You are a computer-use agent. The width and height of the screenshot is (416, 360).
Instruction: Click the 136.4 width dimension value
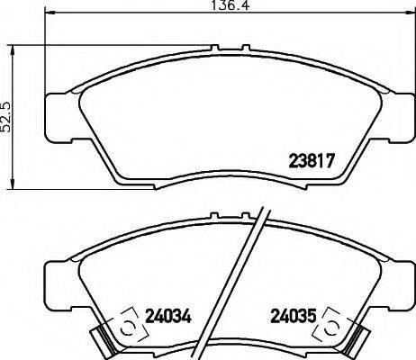click(212, 7)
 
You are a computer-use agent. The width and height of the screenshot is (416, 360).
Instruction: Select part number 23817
click(312, 164)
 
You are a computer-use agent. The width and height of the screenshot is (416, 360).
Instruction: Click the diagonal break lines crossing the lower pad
click(249, 279)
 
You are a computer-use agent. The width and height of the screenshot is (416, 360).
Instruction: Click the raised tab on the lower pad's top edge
click(212, 216)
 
